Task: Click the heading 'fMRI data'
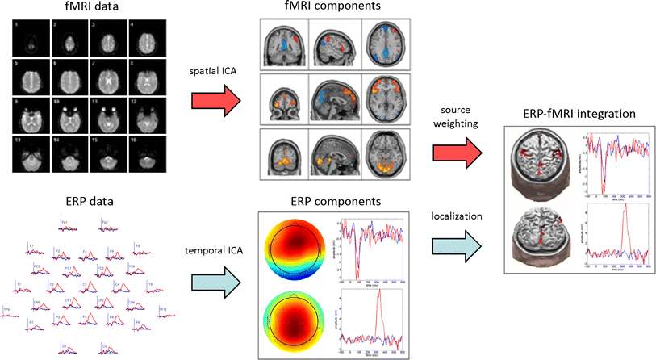(x=90, y=9)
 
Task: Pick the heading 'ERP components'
(x=331, y=199)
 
